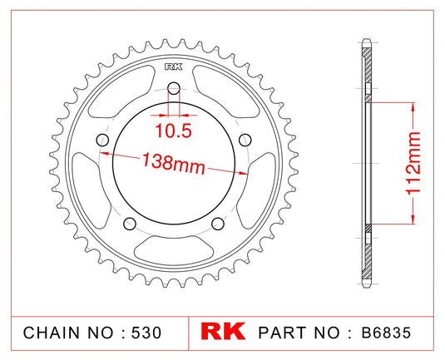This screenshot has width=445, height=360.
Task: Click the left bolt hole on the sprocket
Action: pos(102,141)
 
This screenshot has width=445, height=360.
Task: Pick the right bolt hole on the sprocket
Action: pos(245,141)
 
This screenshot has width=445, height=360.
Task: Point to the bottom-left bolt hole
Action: pos(130,224)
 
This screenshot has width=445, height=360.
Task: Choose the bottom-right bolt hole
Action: pos(217,224)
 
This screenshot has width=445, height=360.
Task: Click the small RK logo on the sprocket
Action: pos(173,68)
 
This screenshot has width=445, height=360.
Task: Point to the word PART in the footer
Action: pos(284,333)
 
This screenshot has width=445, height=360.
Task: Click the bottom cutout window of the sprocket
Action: pos(173,249)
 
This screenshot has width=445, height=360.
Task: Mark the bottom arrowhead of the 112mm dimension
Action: pos(409,221)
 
